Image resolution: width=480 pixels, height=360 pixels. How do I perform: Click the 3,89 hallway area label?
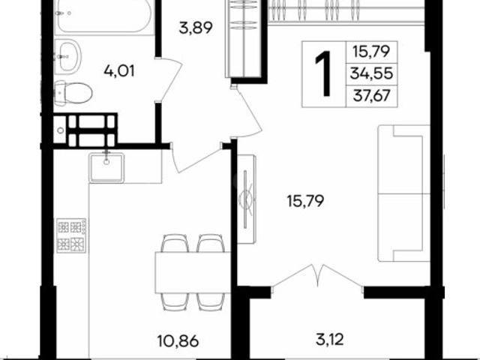pyautogui.click(x=196, y=28)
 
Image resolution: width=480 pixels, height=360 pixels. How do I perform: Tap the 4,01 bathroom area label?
pyautogui.click(x=119, y=71)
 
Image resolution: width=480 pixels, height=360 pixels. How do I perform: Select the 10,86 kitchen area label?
pyautogui.click(x=178, y=340)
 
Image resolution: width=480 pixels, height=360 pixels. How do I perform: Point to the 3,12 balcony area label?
pyautogui.click(x=330, y=339)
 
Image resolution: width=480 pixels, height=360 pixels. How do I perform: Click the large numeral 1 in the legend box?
pyautogui.click(x=323, y=73)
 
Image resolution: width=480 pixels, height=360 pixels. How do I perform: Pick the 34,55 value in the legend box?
pyautogui.click(x=371, y=73)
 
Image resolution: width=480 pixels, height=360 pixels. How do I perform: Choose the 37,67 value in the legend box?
pyautogui.click(x=372, y=96)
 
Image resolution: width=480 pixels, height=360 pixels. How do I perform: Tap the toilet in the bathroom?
pyautogui.click(x=73, y=93)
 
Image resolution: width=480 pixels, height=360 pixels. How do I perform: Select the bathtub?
pyautogui.click(x=104, y=16)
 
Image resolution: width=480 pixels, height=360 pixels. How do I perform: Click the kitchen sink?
pyautogui.click(x=106, y=167)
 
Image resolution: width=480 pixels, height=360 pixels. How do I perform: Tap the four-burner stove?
pyautogui.click(x=71, y=235)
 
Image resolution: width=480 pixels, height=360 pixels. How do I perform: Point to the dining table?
pyautogui.click(x=192, y=272)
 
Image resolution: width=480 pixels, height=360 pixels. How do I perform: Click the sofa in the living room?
pyautogui.click(x=403, y=193)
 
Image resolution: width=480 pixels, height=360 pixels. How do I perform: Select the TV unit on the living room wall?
pyautogui.click(x=247, y=199)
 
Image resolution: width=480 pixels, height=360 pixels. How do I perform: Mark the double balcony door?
pyautogui.click(x=317, y=275)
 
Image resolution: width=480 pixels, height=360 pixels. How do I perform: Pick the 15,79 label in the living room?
pyautogui.click(x=305, y=201)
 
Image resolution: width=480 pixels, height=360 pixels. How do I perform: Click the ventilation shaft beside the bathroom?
pyautogui.click(x=85, y=130)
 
